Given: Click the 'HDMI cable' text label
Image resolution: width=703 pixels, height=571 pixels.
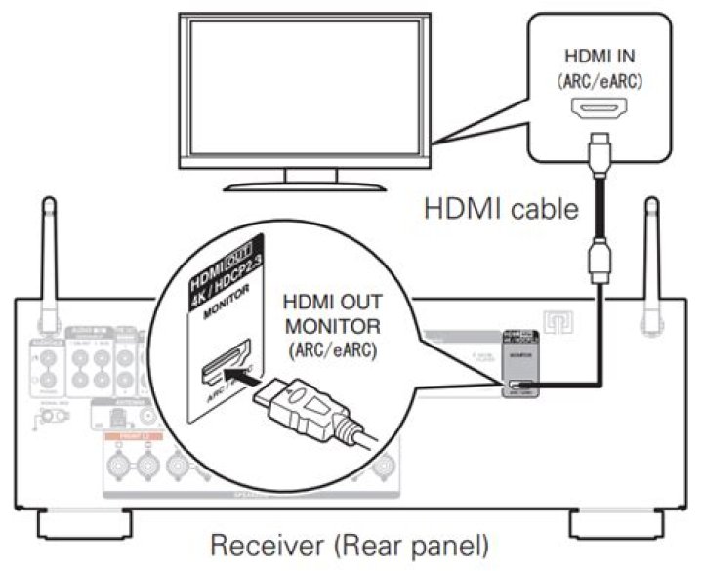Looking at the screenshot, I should click(499, 209).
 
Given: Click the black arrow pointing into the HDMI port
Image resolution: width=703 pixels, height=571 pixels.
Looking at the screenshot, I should click(231, 368).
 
